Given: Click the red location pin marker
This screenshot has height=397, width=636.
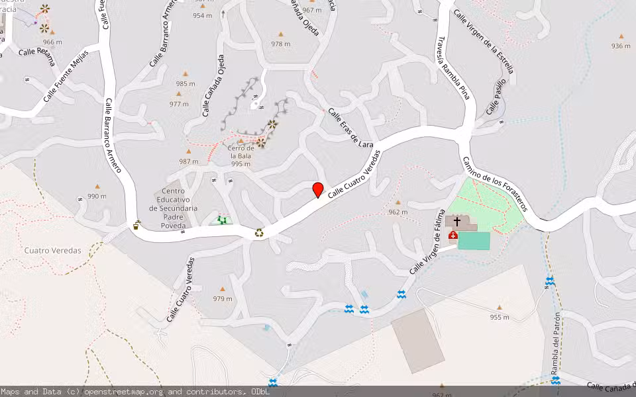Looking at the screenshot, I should coord(318,190).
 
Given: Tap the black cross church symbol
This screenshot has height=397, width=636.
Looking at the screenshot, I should coord(456,222).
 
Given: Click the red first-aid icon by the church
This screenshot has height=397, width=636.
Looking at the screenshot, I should coord(453,235).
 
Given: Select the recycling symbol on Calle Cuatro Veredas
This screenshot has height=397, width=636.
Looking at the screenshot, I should coord(260,232).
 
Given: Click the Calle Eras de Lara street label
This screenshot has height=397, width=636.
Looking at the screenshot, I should coord(351,128).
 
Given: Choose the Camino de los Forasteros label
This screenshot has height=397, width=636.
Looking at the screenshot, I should coord(494,184).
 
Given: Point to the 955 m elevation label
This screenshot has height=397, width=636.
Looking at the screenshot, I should coord(500,316).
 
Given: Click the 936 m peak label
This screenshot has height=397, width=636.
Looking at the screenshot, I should coord(621,46).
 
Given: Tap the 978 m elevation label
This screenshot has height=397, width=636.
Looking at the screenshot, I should coord(280,44).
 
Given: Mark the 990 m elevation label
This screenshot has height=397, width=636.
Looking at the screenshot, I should coord(97,196).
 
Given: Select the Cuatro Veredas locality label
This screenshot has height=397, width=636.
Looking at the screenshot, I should coord(52,251).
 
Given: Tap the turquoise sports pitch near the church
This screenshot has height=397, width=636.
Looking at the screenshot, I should coord(474,241).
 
